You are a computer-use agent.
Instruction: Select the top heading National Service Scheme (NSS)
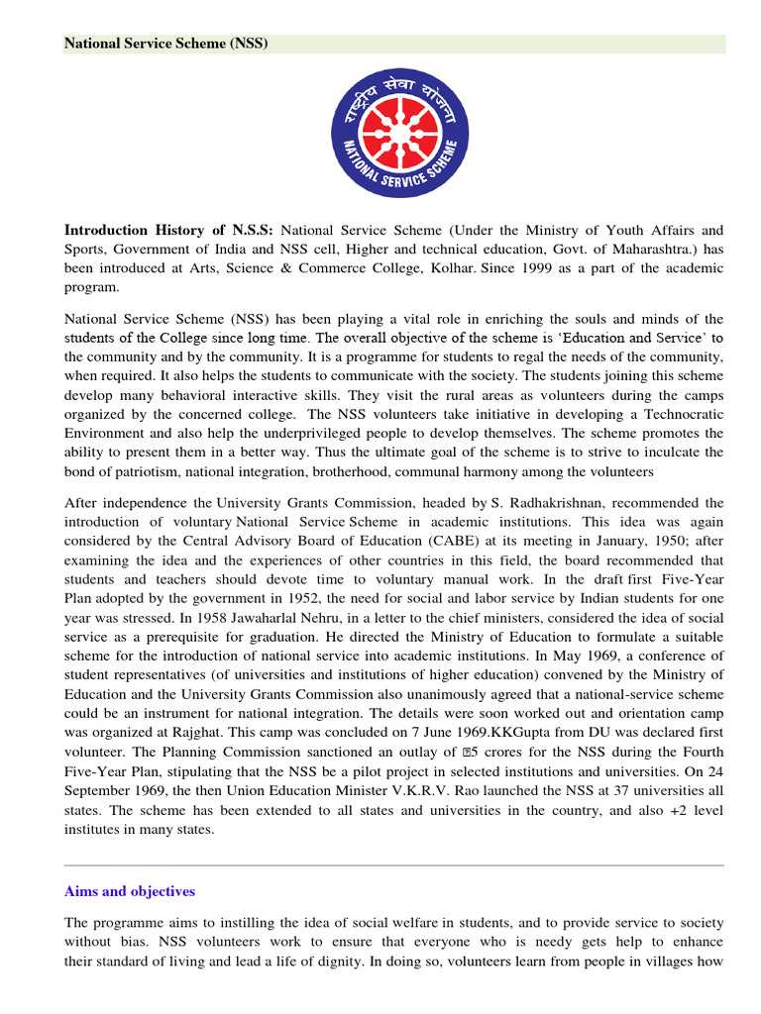(166, 44)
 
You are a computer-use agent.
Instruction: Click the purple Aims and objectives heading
(130, 891)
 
